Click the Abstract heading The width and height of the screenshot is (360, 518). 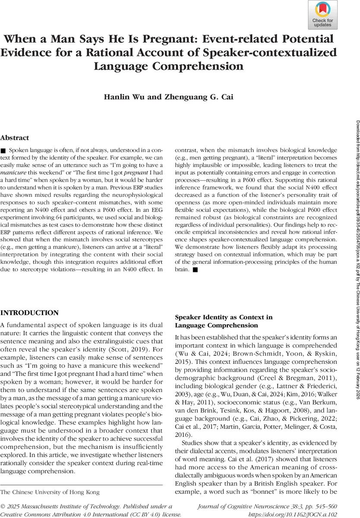pos(15,138)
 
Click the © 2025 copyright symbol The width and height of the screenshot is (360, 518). pos(3,506)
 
